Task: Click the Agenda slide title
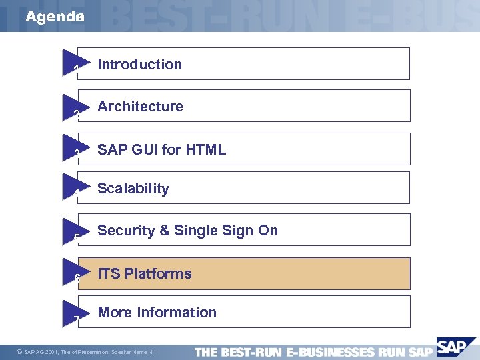coord(55,17)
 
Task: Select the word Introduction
coord(139,65)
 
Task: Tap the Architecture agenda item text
coord(140,107)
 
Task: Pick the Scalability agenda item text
coord(133,189)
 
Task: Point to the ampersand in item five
coord(163,231)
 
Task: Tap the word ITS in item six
coord(109,274)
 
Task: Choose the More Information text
coord(157,313)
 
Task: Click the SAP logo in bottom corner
coord(453,349)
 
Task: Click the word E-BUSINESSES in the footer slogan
coord(329,352)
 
